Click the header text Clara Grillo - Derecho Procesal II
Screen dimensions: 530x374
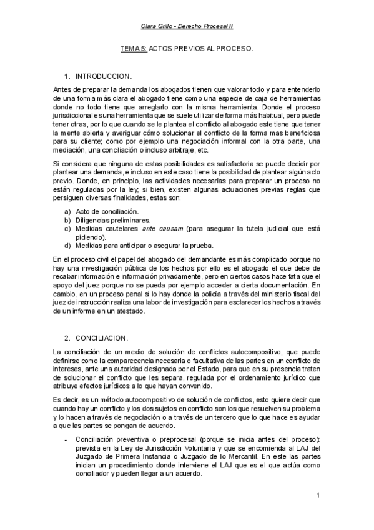pos(187,27)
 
